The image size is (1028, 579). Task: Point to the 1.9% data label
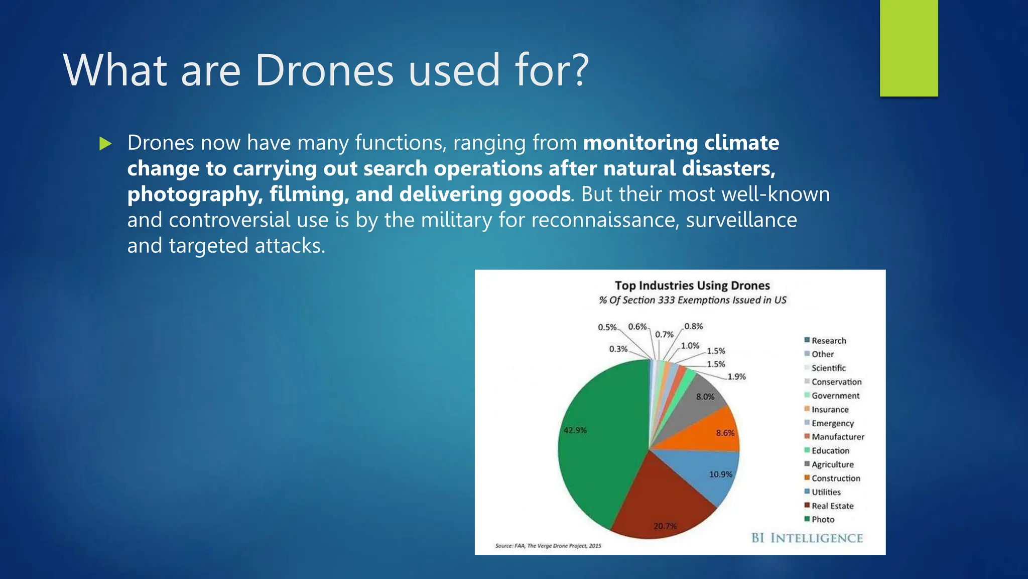pos(736,376)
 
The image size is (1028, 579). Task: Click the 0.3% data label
pos(618,349)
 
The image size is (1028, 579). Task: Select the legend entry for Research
pos(828,341)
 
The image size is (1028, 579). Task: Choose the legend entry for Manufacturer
pos(837,437)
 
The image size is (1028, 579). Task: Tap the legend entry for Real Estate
pos(832,506)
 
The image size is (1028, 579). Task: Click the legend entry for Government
pos(835,396)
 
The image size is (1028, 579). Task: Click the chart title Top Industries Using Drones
pos(692,285)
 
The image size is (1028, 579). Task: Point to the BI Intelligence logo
pos(807,538)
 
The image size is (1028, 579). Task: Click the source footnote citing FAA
pos(548,545)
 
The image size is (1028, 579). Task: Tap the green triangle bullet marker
pos(105,144)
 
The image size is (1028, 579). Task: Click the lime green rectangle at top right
pos(909,48)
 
